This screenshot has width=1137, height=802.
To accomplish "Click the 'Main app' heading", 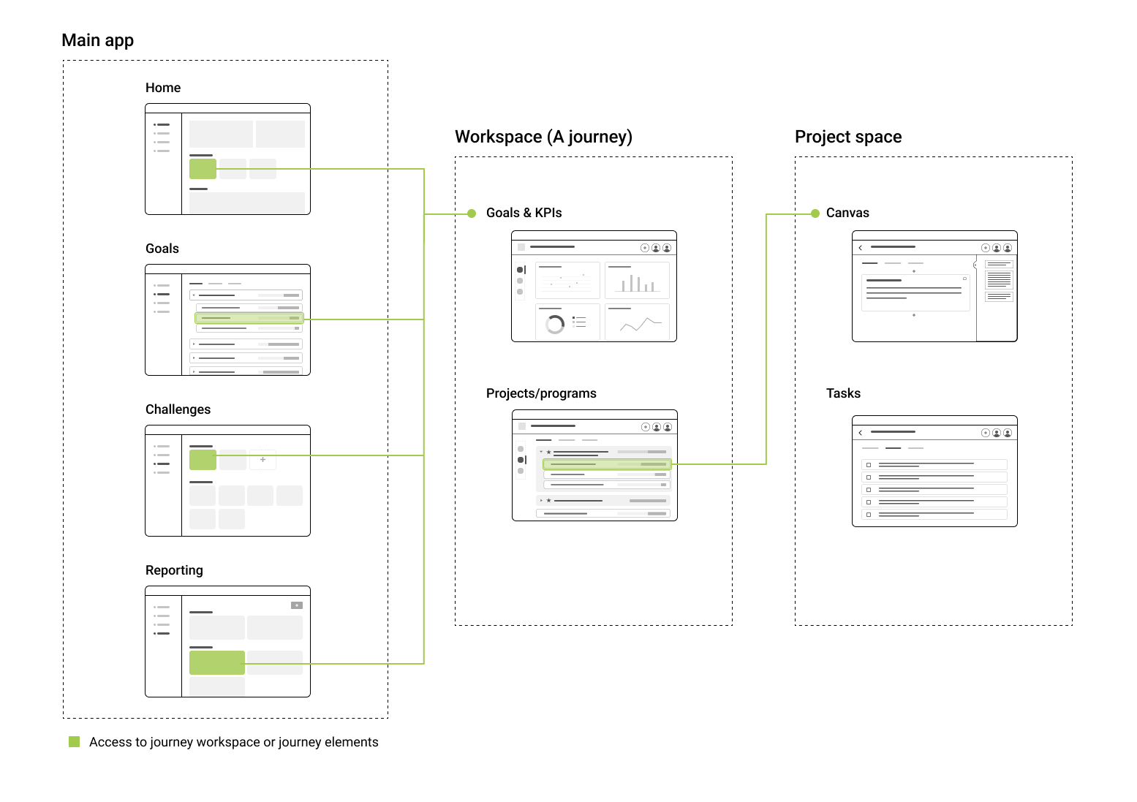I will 98,41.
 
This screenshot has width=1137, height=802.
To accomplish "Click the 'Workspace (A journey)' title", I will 543,137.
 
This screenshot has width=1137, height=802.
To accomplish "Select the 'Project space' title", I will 848,137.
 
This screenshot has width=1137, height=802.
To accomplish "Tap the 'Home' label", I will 163,88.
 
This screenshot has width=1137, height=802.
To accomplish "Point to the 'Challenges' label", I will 178,410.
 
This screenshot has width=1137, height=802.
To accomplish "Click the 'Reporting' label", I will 174,571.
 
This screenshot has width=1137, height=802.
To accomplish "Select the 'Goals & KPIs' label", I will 524,213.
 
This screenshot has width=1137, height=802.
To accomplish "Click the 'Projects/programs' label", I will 541,394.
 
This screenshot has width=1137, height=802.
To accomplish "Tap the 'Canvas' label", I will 847,213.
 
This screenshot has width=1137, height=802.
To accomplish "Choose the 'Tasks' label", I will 843,394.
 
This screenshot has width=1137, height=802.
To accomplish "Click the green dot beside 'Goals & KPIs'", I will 472,213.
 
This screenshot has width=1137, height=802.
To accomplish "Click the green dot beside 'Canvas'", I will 815,213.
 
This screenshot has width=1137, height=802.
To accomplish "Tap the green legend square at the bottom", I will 74,742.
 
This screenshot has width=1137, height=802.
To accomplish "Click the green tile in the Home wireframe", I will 203,169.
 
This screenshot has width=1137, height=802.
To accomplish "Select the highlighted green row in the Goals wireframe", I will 249,318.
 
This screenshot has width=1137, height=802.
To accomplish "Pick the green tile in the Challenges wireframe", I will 203,460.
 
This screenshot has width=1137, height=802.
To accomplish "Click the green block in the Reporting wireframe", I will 216,662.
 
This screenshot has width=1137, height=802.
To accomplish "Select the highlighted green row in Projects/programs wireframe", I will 606,464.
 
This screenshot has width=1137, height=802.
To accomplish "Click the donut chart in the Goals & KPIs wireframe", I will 555,325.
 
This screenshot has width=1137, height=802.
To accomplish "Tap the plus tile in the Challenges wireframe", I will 262,460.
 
